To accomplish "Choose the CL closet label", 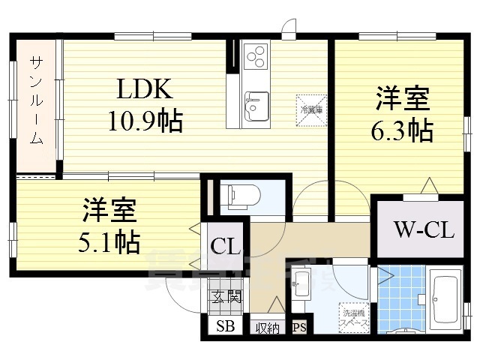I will pos(225,245).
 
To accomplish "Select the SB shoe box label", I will pos(224,327).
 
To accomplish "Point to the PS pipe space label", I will pos(299,327).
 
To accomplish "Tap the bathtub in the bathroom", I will pos(446,298).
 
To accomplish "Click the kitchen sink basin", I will pos(256,101).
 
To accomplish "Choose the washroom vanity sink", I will pos(301,283).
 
